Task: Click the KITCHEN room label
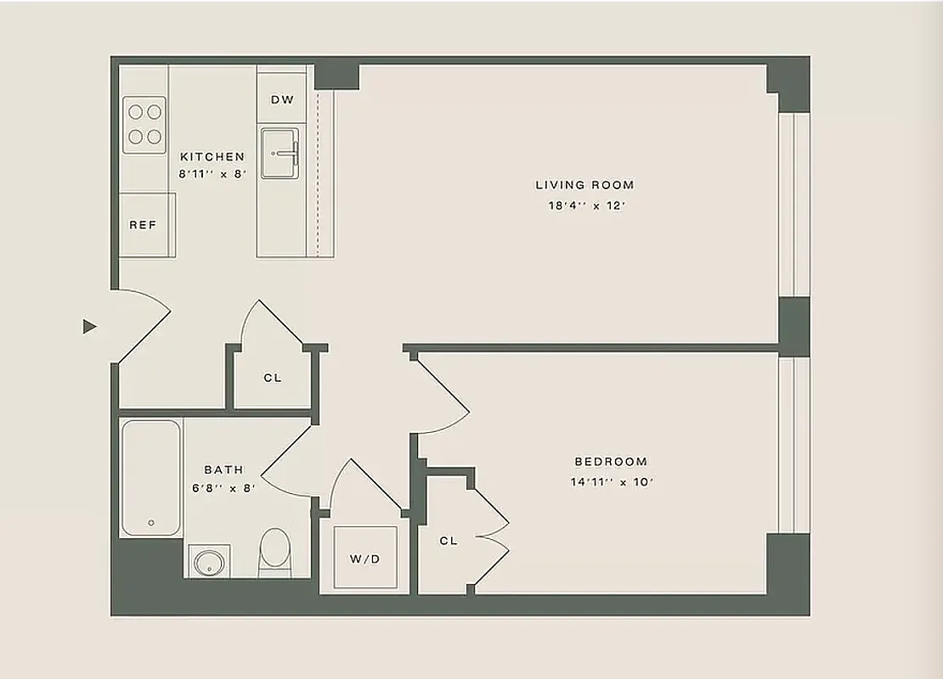click(212, 157)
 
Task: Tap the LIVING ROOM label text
click(584, 185)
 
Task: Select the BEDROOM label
click(611, 462)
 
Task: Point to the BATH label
click(223, 469)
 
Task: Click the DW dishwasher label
click(282, 100)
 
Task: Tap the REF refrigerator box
click(143, 225)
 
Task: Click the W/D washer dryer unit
click(365, 558)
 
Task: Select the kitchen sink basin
click(280, 154)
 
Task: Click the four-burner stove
click(144, 124)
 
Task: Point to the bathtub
click(150, 477)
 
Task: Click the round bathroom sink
click(206, 561)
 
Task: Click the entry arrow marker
click(89, 326)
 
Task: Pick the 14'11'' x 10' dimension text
click(612, 482)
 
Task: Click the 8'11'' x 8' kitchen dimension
click(212, 174)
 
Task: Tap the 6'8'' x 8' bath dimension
click(223, 488)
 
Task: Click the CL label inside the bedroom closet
click(449, 541)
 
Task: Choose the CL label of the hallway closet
click(272, 378)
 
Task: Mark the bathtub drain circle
click(152, 523)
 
